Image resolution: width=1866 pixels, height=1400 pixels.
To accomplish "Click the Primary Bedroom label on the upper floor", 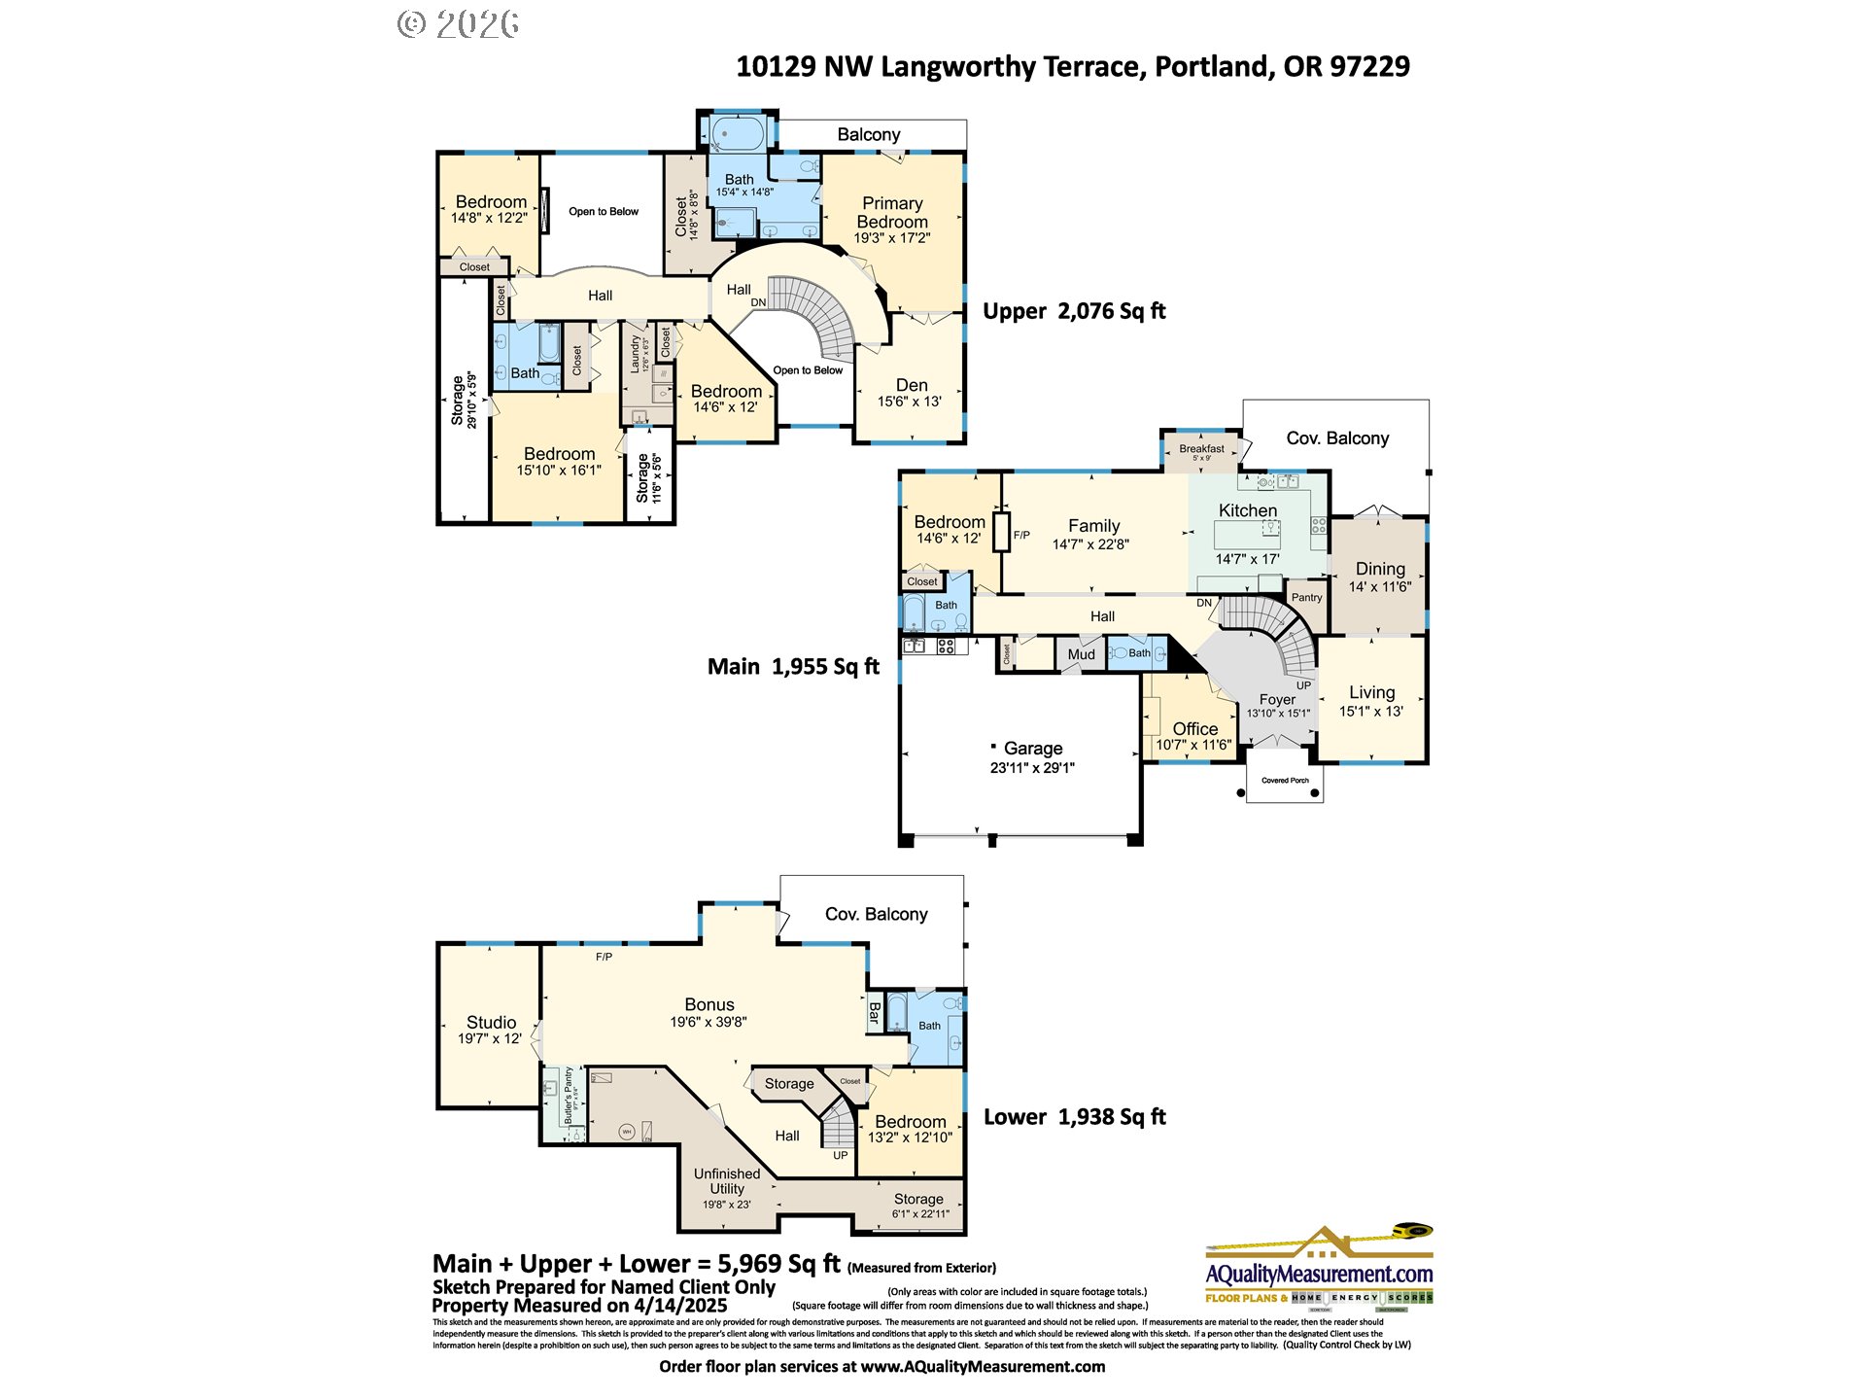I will coord(892,213).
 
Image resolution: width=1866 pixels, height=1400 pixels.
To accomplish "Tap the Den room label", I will coord(911,385).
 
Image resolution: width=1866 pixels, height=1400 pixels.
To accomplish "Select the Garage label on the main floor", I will coord(1032,749).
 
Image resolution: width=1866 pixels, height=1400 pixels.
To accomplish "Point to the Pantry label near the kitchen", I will coord(1306,598).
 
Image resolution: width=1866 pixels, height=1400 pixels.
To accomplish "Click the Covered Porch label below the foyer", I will coord(1285,781).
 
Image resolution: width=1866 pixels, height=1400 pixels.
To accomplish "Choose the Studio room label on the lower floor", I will coord(491,1022).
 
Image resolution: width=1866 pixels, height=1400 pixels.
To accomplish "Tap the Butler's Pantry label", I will coord(570,1097).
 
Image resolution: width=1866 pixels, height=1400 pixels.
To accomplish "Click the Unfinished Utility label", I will coord(727,1181).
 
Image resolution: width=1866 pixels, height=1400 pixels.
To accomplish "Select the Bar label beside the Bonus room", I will coord(874,1013).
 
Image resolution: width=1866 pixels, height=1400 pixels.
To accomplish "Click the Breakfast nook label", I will coord(1201,449).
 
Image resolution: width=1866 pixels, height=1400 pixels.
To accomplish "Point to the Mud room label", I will coord(1081,654).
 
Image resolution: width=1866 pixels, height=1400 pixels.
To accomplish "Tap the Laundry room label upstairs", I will coord(636,354).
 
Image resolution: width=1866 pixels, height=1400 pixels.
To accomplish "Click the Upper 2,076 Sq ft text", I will coord(1073,311).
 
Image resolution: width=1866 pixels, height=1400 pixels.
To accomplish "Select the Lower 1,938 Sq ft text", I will coord(1074,1117).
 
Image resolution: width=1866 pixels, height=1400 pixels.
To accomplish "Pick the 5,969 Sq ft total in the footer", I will coord(778,1264).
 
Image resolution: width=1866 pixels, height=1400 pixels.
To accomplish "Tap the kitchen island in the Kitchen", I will coord(1247,535).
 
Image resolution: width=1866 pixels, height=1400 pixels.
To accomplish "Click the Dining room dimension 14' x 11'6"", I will coord(1379,587).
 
